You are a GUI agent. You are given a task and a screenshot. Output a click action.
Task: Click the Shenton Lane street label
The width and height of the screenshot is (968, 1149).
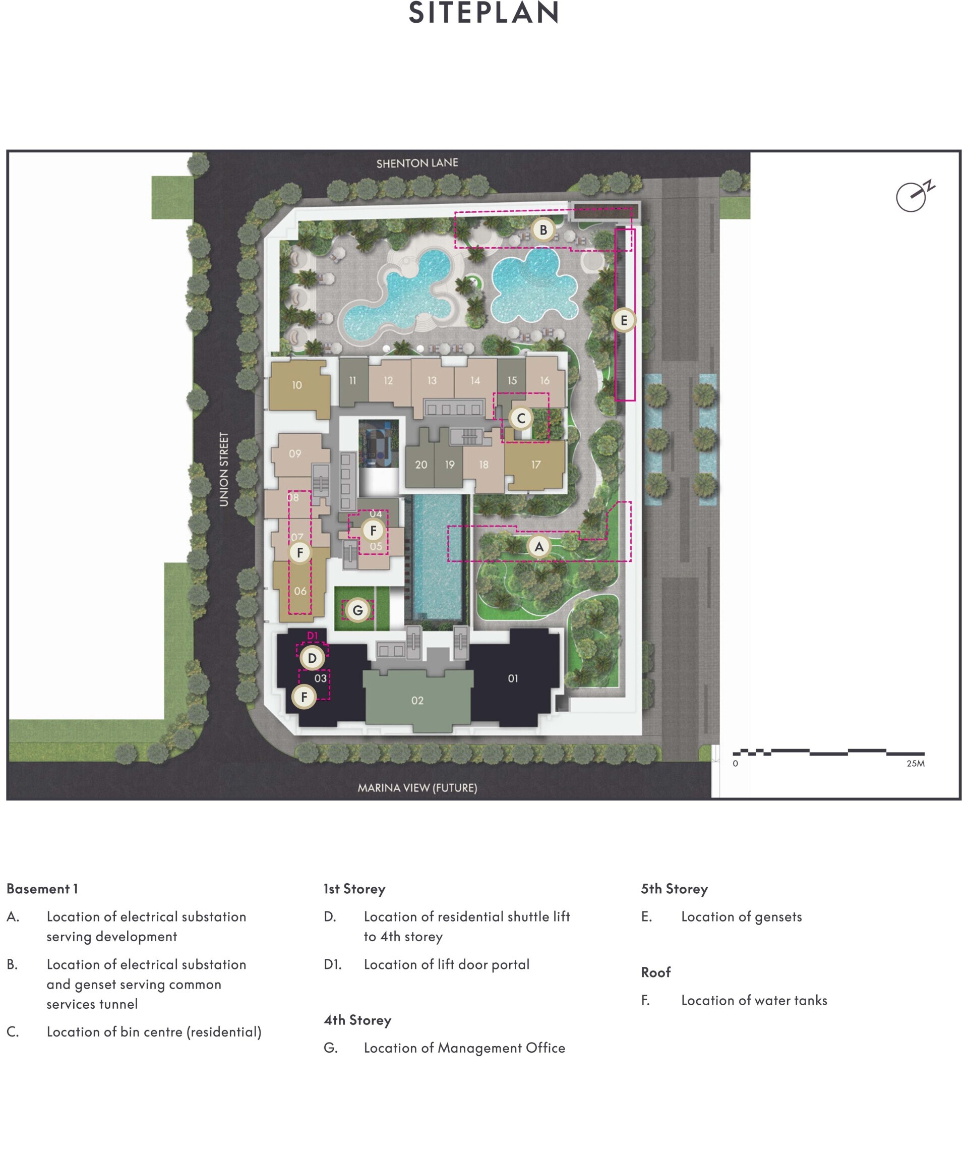pyautogui.click(x=417, y=163)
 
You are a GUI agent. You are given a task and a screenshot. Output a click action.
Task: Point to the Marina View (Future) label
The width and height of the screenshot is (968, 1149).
pyautogui.click(x=417, y=788)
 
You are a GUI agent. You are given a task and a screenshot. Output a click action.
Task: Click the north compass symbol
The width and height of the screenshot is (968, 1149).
pyautogui.click(x=915, y=196)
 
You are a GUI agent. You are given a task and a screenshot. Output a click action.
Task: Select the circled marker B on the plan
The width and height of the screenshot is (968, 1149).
pyautogui.click(x=543, y=230)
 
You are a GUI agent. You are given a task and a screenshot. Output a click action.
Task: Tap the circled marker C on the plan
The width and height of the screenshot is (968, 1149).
pyautogui.click(x=521, y=418)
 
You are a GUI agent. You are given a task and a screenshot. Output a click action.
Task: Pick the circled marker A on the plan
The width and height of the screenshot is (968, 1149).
pyautogui.click(x=538, y=547)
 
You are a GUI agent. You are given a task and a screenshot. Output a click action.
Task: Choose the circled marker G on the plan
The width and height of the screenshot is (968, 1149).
pyautogui.click(x=357, y=610)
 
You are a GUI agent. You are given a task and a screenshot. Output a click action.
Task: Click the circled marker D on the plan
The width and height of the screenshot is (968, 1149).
pyautogui.click(x=312, y=658)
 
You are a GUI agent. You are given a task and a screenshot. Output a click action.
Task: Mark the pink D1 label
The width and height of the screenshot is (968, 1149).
pyautogui.click(x=312, y=636)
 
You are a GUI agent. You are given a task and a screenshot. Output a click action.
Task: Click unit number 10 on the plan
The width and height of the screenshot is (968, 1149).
pyautogui.click(x=297, y=385)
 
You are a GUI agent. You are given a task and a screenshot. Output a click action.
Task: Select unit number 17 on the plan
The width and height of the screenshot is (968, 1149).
pyautogui.click(x=535, y=465)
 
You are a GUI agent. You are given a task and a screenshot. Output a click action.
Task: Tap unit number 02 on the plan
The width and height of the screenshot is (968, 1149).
pyautogui.click(x=417, y=701)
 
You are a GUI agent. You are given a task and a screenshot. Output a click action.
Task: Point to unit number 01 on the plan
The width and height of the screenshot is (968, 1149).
pyautogui.click(x=513, y=678)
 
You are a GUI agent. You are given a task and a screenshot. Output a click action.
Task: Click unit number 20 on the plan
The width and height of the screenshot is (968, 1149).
pyautogui.click(x=421, y=465)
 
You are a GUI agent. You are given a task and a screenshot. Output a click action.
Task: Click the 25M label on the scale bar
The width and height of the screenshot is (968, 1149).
pyautogui.click(x=916, y=764)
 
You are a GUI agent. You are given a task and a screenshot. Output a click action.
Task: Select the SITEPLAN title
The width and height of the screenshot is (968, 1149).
pyautogui.click(x=483, y=13)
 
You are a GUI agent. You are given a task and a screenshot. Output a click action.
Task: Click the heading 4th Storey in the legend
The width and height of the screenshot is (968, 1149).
pyautogui.click(x=357, y=1020)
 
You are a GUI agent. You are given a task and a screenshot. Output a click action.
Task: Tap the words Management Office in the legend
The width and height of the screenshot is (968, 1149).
pyautogui.click(x=501, y=1048)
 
